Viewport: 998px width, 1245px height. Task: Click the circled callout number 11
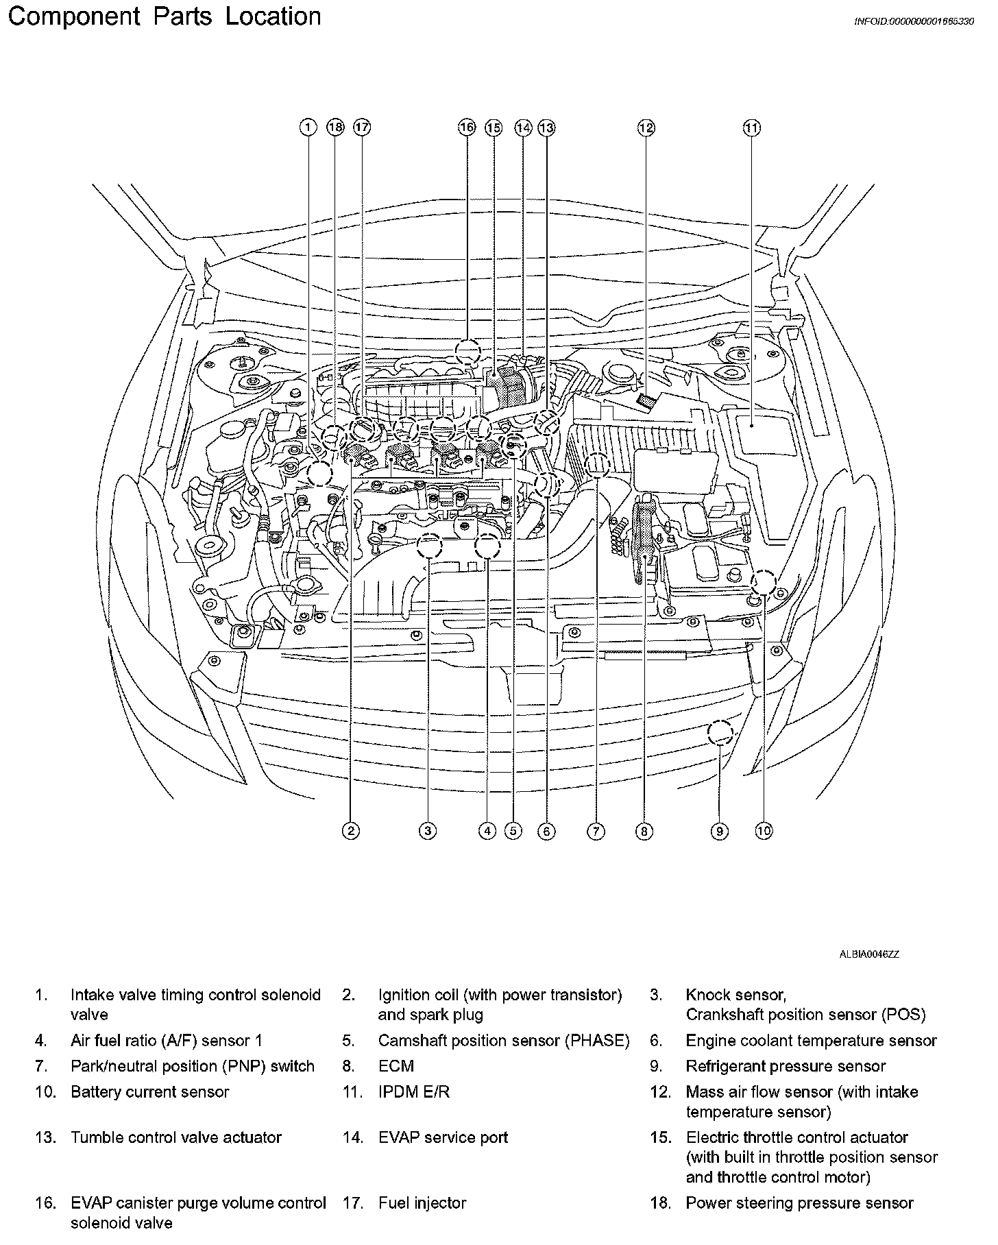[x=752, y=128]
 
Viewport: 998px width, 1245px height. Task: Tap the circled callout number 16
[x=467, y=128]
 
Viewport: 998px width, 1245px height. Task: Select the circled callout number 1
[x=308, y=128]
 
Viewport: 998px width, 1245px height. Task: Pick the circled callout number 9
[x=719, y=832]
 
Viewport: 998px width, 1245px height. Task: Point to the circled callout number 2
[x=351, y=832]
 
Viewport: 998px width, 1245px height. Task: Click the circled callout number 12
[x=646, y=128]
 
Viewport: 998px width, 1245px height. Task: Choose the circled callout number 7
[x=596, y=832]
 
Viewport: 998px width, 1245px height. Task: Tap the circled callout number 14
[x=524, y=128]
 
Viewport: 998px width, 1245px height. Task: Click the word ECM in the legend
[x=396, y=1067]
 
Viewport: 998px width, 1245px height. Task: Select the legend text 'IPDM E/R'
[x=414, y=1092]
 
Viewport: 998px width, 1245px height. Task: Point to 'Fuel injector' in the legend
[x=422, y=1203]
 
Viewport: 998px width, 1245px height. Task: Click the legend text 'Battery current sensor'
[x=149, y=1092]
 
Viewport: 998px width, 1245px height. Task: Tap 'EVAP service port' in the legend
[x=443, y=1138]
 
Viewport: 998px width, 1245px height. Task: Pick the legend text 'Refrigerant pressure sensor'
[x=786, y=1067]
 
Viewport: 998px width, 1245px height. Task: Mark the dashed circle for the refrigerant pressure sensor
[x=720, y=734]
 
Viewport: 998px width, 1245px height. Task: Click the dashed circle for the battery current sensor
[x=763, y=583]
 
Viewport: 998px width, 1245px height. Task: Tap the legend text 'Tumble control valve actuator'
[x=176, y=1138]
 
